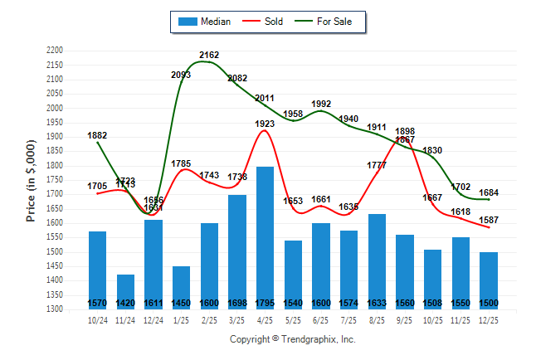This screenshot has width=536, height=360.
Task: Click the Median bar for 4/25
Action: pyautogui.click(x=266, y=237)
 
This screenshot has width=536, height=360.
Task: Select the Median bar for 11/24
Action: pyautogui.click(x=125, y=291)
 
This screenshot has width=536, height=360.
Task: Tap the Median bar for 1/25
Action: pyautogui.click(x=181, y=287)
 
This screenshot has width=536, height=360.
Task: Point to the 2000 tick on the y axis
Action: pyautogui.click(x=56, y=108)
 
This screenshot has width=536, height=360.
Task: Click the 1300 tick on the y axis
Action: pyautogui.click(x=56, y=309)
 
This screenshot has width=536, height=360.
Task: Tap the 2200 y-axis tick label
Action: pyautogui.click(x=56, y=51)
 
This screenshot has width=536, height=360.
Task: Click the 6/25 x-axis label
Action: pyautogui.click(x=321, y=319)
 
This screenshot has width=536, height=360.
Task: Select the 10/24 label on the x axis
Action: pyautogui.click(x=97, y=319)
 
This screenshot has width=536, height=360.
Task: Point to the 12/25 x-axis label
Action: pyautogui.click(x=489, y=319)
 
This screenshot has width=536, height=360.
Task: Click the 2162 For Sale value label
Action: pyautogui.click(x=209, y=55)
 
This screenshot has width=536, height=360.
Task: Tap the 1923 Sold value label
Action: pyautogui.click(x=266, y=123)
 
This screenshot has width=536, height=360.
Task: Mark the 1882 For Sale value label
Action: pyautogui.click(x=97, y=135)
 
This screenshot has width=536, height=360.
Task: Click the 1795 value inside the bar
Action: pyautogui.click(x=266, y=302)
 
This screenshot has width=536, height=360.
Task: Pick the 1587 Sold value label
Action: pyautogui.click(x=489, y=219)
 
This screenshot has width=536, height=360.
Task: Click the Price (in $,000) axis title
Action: pyautogui.click(x=31, y=180)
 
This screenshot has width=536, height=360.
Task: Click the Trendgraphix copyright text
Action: pyautogui.click(x=292, y=339)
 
